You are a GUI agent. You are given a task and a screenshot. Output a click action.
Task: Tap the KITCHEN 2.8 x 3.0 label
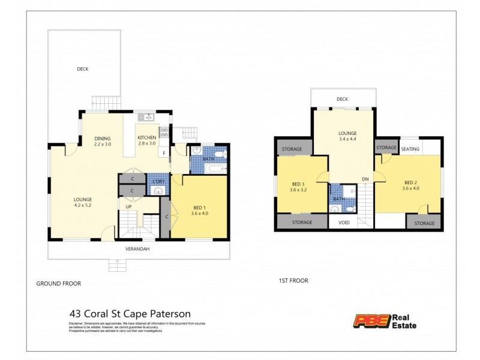tap(147, 140)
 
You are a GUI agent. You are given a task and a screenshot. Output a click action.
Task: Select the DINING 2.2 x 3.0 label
tap(103, 142)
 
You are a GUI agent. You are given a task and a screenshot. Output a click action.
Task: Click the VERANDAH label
tap(137, 249)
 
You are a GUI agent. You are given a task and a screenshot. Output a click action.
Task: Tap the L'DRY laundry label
tap(158, 181)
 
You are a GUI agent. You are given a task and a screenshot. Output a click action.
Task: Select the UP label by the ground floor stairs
tap(128, 207)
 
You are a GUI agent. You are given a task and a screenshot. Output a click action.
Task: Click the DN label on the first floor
tap(365, 179)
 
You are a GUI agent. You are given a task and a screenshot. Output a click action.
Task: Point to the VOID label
tap(344, 222)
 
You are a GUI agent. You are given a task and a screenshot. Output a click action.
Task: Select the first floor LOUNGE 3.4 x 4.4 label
tap(347, 136)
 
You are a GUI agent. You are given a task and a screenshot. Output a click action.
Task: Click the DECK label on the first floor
tap(342, 99)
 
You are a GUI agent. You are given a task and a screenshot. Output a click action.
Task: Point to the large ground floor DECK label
tap(82, 69)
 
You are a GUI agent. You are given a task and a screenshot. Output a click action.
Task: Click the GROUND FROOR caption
tap(59, 283)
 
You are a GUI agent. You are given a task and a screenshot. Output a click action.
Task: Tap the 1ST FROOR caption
tap(293, 280)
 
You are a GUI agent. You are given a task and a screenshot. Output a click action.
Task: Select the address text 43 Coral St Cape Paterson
tap(130, 313)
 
